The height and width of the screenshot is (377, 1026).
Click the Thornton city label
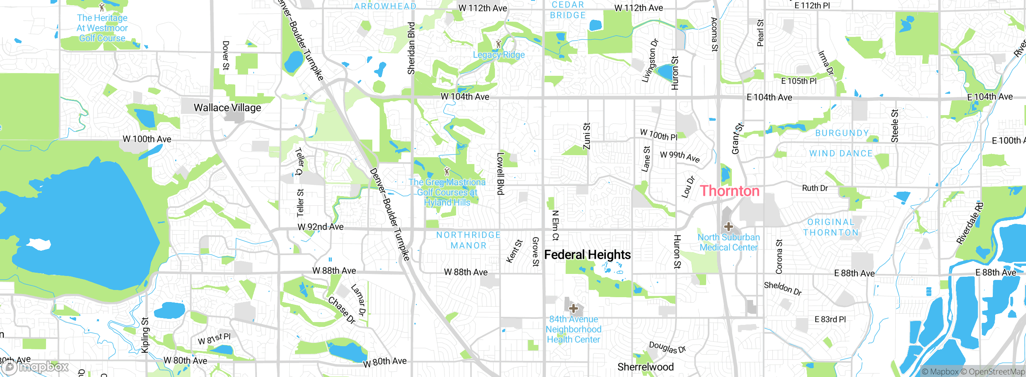point(729,191)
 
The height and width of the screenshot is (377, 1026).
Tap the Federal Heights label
point(587,255)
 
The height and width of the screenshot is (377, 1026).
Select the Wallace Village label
point(227,107)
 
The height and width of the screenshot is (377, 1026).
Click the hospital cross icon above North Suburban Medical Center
point(728,227)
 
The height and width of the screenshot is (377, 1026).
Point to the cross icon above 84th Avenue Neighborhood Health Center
point(574,308)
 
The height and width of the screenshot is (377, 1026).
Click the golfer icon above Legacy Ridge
point(499,44)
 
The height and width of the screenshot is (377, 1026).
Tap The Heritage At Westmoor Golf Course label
point(102,28)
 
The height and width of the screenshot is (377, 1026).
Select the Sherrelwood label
point(645,367)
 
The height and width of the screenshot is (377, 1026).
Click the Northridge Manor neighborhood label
point(469,240)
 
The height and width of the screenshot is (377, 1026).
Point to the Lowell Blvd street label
point(500,174)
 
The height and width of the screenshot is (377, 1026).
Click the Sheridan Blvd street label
point(411,48)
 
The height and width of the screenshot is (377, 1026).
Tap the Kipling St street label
point(145,335)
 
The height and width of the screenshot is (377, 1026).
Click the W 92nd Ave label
point(320,227)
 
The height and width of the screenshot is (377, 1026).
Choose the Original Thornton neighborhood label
point(831,227)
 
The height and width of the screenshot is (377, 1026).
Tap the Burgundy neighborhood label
point(842,133)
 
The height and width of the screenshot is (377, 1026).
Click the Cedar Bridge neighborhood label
point(568,10)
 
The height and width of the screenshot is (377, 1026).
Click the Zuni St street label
point(587,136)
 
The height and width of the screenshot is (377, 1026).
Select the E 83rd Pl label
point(830,319)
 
